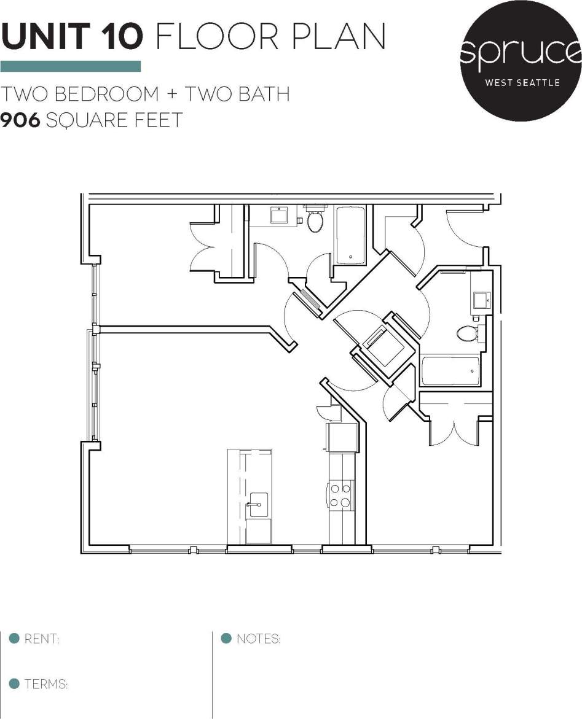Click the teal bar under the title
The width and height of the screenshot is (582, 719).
coord(71,66)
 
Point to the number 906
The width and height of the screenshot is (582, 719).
coord(21,120)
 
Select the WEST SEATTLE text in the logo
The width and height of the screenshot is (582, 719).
coord(522,82)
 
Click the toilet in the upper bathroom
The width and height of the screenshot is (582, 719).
coord(316,221)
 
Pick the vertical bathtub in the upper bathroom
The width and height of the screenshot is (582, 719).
coord(350,235)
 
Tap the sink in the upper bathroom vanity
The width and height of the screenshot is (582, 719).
coord(280,216)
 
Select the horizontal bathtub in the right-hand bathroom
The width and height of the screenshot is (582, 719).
coord(450,371)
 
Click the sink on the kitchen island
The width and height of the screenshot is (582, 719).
coord(258,505)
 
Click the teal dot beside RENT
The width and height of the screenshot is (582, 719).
coord(14,639)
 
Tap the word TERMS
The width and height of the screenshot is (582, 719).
coord(45,684)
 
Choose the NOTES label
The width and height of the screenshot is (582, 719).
coord(258,639)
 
